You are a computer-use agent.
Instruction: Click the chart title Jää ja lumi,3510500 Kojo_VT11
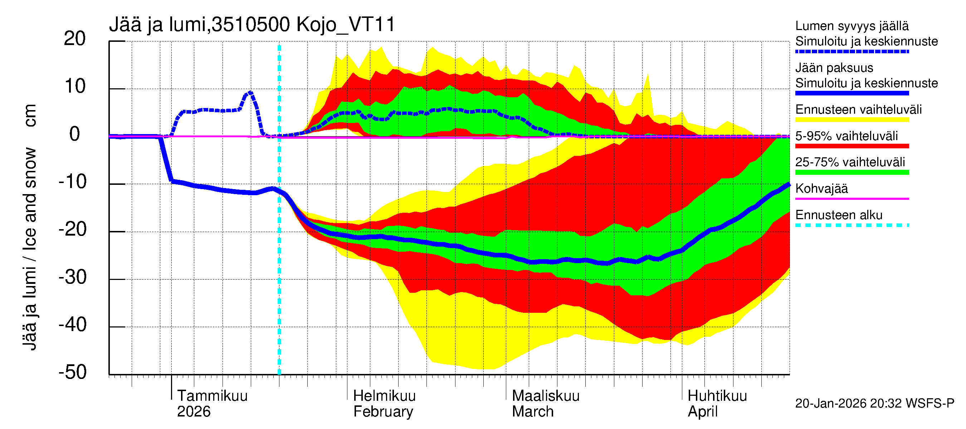click(x=252, y=25)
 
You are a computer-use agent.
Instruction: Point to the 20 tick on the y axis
click(x=75, y=39)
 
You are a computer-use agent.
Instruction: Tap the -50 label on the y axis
click(x=73, y=373)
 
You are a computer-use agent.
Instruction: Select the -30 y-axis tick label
click(x=73, y=278)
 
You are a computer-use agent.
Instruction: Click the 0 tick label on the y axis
click(x=75, y=134)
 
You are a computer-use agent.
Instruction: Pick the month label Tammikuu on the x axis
click(x=212, y=396)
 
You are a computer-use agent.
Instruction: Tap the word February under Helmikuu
click(x=383, y=412)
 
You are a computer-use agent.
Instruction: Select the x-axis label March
click(x=532, y=412)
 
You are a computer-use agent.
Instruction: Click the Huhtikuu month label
click(x=717, y=396)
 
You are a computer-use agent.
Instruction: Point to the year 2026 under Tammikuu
click(x=194, y=412)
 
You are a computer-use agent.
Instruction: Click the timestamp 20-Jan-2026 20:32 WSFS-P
click(x=874, y=404)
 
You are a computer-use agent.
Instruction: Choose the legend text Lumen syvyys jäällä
click(x=852, y=26)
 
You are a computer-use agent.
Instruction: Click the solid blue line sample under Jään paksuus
click(x=852, y=93)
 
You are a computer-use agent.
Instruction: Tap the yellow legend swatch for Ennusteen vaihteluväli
click(x=852, y=120)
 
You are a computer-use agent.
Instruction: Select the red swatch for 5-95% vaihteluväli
click(x=852, y=146)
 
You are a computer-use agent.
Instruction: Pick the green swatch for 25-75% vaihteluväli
click(x=852, y=172)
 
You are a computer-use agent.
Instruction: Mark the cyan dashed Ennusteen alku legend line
click(x=852, y=226)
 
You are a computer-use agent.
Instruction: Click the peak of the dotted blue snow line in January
click(x=250, y=92)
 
